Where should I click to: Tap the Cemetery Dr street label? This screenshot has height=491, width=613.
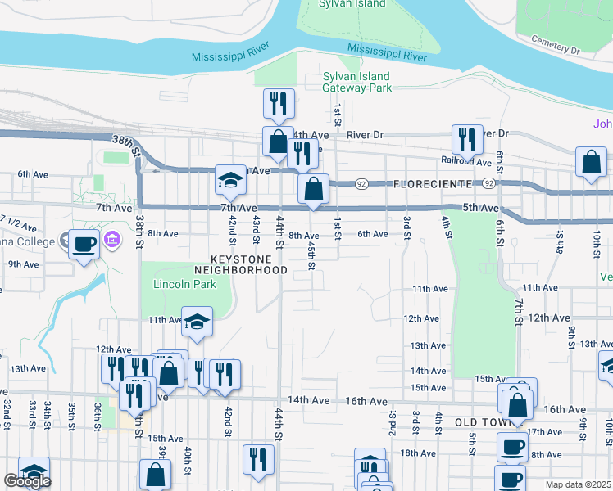[x=555, y=45]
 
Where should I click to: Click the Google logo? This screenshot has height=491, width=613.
[x=27, y=481]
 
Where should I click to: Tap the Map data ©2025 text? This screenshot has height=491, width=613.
[x=579, y=484]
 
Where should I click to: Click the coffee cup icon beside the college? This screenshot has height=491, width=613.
[x=84, y=243]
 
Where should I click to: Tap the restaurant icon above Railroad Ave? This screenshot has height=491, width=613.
[x=467, y=140]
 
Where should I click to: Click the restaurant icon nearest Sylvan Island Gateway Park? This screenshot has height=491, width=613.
[x=279, y=104]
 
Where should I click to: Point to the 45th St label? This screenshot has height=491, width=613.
[x=311, y=255]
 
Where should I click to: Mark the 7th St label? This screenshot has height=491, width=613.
[x=519, y=311]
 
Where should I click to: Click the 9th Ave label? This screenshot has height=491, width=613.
[x=24, y=264]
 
